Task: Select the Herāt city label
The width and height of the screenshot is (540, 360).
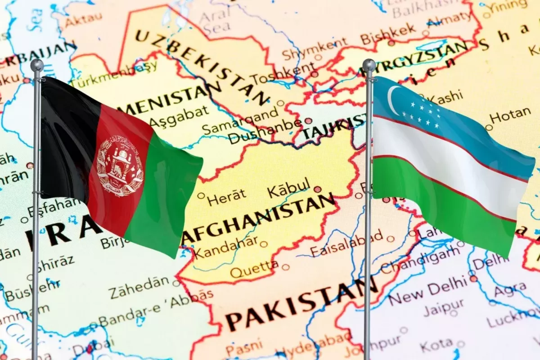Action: (x=227, y=196)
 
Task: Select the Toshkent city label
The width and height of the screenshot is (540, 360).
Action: (x=283, y=75)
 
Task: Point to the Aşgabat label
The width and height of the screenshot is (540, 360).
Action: (x=179, y=117)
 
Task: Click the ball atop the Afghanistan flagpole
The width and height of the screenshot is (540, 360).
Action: (x=37, y=65)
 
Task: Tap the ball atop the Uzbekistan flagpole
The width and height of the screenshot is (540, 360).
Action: (x=369, y=65)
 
